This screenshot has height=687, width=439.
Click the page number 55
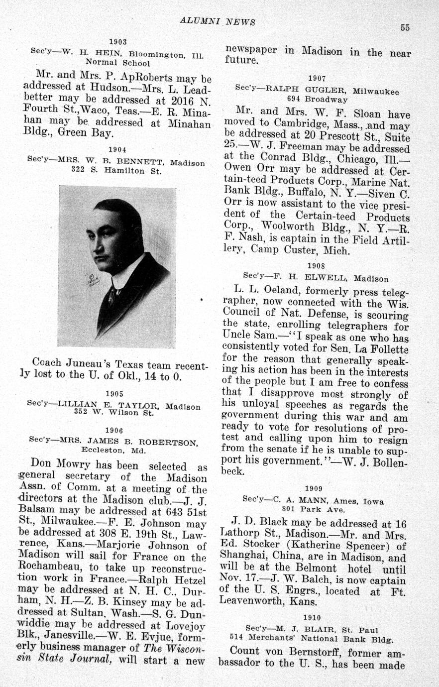[x=405, y=28]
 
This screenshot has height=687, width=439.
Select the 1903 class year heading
[x=118, y=42]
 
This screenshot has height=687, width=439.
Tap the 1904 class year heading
[x=117, y=149]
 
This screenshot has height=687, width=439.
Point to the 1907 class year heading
[x=317, y=78]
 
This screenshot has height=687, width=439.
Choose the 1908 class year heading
[x=317, y=266]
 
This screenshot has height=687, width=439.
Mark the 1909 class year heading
[x=314, y=488]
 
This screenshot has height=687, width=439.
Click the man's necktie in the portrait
[x=113, y=296]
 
